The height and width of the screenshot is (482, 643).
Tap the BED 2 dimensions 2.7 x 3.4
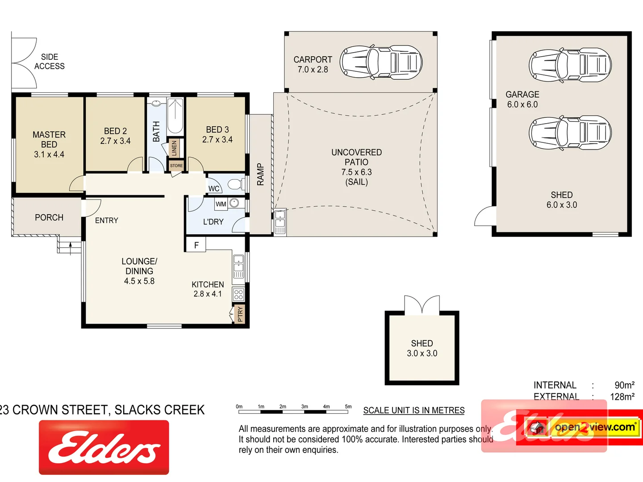(x=115, y=141)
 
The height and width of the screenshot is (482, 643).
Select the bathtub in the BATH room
(x=175, y=116)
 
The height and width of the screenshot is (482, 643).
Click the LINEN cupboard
(x=174, y=148)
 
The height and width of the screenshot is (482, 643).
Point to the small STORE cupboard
(x=176, y=166)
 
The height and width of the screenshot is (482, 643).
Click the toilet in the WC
(x=236, y=184)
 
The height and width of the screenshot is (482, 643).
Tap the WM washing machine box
(x=221, y=204)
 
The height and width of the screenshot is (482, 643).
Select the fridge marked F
(x=196, y=245)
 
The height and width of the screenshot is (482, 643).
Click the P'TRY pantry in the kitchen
(x=240, y=314)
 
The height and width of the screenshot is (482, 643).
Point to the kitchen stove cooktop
(x=238, y=294)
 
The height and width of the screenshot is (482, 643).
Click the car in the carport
(x=381, y=62)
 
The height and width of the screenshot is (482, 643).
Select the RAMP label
(x=260, y=175)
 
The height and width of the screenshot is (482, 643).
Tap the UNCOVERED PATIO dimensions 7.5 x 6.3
(x=356, y=172)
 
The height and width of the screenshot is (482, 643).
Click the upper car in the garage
(x=570, y=66)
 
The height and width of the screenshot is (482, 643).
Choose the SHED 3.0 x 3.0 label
(x=422, y=348)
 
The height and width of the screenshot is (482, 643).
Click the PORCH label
(x=49, y=217)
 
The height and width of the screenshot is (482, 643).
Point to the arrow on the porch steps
(x=70, y=248)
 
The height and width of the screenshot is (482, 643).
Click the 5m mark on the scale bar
(x=348, y=407)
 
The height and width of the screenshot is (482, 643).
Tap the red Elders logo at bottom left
(x=104, y=447)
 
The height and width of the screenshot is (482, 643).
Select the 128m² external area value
(x=622, y=397)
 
